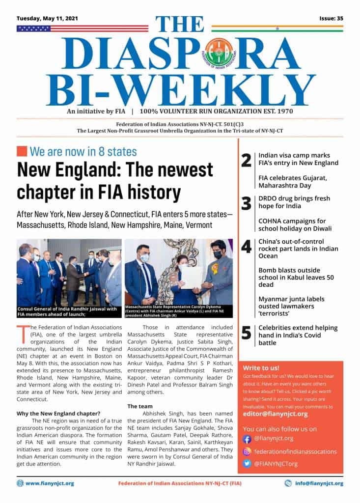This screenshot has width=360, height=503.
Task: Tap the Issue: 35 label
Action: (331, 18)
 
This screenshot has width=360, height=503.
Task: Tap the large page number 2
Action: (247, 160)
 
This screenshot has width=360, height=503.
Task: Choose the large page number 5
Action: (247, 333)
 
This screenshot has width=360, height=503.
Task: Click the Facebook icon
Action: (248, 439)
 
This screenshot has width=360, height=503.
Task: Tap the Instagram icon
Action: (248, 451)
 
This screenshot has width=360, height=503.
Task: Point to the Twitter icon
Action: (248, 464)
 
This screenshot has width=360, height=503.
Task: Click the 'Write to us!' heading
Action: (261, 368)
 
